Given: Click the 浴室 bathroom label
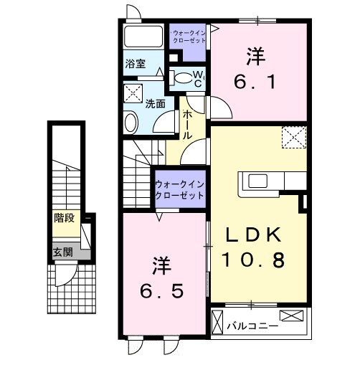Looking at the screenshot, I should pyautogui.click(x=136, y=62).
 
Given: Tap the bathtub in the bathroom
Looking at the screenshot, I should pyautogui.click(x=143, y=37).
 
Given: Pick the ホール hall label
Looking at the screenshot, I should pyautogui.click(x=187, y=124).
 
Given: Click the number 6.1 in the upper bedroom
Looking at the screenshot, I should pyautogui.click(x=255, y=82).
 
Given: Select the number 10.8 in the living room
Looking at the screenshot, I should pyautogui.click(x=255, y=260).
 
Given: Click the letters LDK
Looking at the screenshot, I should pyautogui.click(x=255, y=236).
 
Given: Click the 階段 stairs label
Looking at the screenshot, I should pyautogui.click(x=65, y=217).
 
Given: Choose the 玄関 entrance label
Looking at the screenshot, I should pyautogui.click(x=63, y=252).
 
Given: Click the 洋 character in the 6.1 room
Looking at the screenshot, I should pyautogui.click(x=254, y=54).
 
